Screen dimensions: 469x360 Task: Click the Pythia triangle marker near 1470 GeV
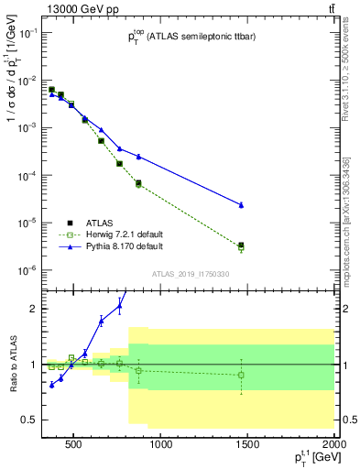[241, 205]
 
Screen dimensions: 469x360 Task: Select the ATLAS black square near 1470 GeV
[241, 245]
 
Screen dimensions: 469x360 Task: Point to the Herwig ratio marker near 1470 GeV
[241, 375]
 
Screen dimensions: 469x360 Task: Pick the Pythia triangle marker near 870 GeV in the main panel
[138, 157]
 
